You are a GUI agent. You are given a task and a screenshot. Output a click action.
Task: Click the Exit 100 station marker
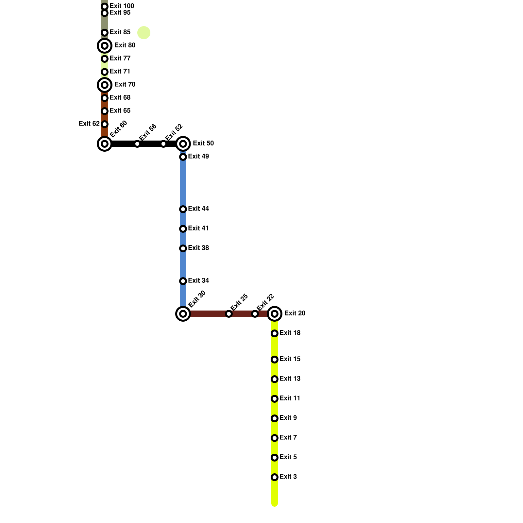pyautogui.click(x=105, y=7)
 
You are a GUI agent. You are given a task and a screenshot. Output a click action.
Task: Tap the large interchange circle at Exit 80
pyautogui.click(x=105, y=46)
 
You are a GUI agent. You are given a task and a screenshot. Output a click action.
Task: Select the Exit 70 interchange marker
pyautogui.click(x=105, y=85)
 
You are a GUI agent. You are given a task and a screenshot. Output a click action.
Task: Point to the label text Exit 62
pyautogui.click(x=89, y=124)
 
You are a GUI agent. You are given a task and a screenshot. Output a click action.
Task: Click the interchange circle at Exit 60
pyautogui.click(x=105, y=144)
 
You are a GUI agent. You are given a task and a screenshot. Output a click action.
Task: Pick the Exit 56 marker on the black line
pyautogui.click(x=137, y=144)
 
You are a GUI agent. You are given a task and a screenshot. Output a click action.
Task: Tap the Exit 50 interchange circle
pyautogui.click(x=183, y=144)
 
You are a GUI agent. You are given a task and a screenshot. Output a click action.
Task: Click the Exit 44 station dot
pyautogui.click(x=183, y=209)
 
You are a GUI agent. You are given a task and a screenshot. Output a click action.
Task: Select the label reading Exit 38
pyautogui.click(x=198, y=248)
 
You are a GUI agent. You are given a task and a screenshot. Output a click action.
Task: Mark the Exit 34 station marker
pyautogui.click(x=183, y=281)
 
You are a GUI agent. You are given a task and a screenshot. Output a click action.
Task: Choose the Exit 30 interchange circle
pyautogui.click(x=183, y=314)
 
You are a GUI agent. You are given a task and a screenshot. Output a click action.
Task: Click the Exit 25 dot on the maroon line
pyautogui.click(x=229, y=314)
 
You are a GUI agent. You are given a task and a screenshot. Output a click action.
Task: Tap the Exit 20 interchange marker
pyautogui.click(x=275, y=314)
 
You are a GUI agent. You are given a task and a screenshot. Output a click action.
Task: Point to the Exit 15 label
pyautogui.click(x=290, y=359)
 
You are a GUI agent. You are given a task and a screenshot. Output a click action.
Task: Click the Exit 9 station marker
pyautogui.click(x=275, y=418)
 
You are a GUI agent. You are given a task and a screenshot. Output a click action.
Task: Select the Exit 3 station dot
pyautogui.click(x=275, y=477)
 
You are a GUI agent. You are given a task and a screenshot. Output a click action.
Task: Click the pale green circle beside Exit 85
pyautogui.click(x=144, y=33)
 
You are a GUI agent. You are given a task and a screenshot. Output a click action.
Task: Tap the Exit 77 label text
pyautogui.click(x=120, y=59)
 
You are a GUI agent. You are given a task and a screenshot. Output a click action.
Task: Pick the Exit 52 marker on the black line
pyautogui.click(x=163, y=144)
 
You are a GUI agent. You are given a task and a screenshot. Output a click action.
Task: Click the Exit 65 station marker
pyautogui.click(x=105, y=111)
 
